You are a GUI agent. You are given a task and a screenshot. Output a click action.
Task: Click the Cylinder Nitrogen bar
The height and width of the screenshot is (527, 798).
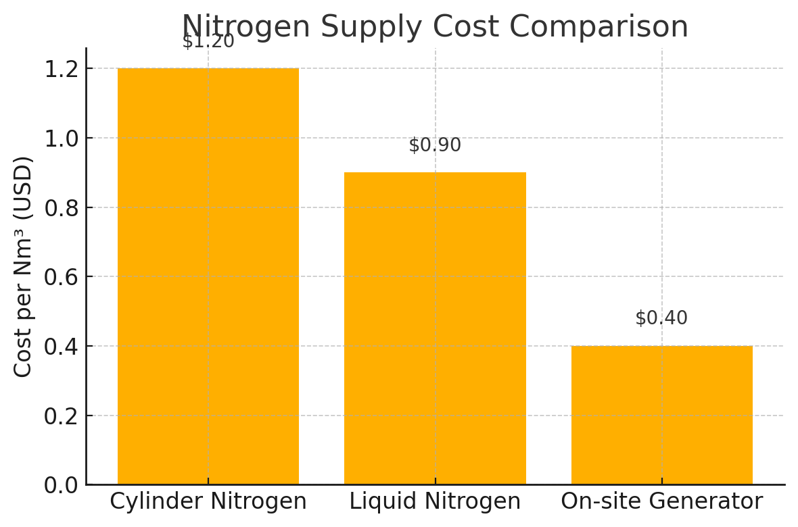point(208,276)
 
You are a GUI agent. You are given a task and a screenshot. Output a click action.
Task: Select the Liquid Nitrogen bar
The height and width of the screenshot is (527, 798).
point(435,328)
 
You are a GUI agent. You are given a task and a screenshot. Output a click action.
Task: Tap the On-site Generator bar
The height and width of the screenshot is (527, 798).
point(661,415)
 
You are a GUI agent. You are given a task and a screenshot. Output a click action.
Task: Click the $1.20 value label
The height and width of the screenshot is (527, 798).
point(208,41)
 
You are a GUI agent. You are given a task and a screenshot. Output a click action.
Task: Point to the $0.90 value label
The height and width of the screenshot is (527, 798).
point(435,145)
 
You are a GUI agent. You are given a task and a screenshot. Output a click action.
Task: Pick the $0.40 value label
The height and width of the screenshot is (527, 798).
point(661,318)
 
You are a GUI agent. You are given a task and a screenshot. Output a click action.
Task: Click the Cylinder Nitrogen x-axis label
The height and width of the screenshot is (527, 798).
point(208,501)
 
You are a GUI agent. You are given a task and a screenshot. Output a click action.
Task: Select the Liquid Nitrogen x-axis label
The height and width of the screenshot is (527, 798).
point(435,501)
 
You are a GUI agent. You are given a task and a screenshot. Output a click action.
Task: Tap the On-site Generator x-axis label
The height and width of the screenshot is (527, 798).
point(661,501)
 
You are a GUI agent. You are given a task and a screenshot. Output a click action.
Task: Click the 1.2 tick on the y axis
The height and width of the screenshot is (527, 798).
point(61,69)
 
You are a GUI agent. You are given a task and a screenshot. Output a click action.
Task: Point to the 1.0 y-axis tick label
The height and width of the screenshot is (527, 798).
point(61,139)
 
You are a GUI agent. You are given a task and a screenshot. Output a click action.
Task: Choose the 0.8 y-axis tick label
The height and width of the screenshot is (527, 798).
point(61,207)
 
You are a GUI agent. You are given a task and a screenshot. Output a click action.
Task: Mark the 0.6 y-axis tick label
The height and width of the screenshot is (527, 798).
point(61,277)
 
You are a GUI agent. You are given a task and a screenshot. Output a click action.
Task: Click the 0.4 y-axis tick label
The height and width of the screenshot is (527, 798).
point(61,347)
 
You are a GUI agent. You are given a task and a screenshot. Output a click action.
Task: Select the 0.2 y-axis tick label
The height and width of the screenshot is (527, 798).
point(61,416)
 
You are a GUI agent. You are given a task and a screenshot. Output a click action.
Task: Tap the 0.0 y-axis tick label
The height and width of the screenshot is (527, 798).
point(61,485)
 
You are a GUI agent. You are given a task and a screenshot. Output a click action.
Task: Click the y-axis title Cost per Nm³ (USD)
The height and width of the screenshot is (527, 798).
point(24,266)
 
